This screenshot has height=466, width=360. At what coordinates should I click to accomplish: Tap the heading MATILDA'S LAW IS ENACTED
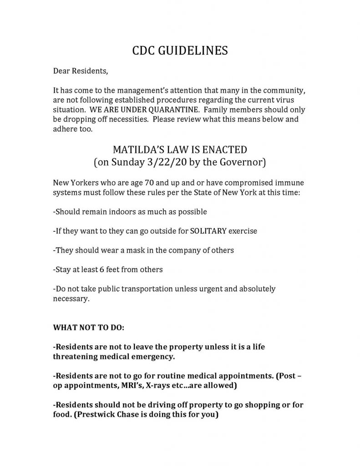click(x=180, y=150)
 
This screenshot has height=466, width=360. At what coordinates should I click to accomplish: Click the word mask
click(x=136, y=250)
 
